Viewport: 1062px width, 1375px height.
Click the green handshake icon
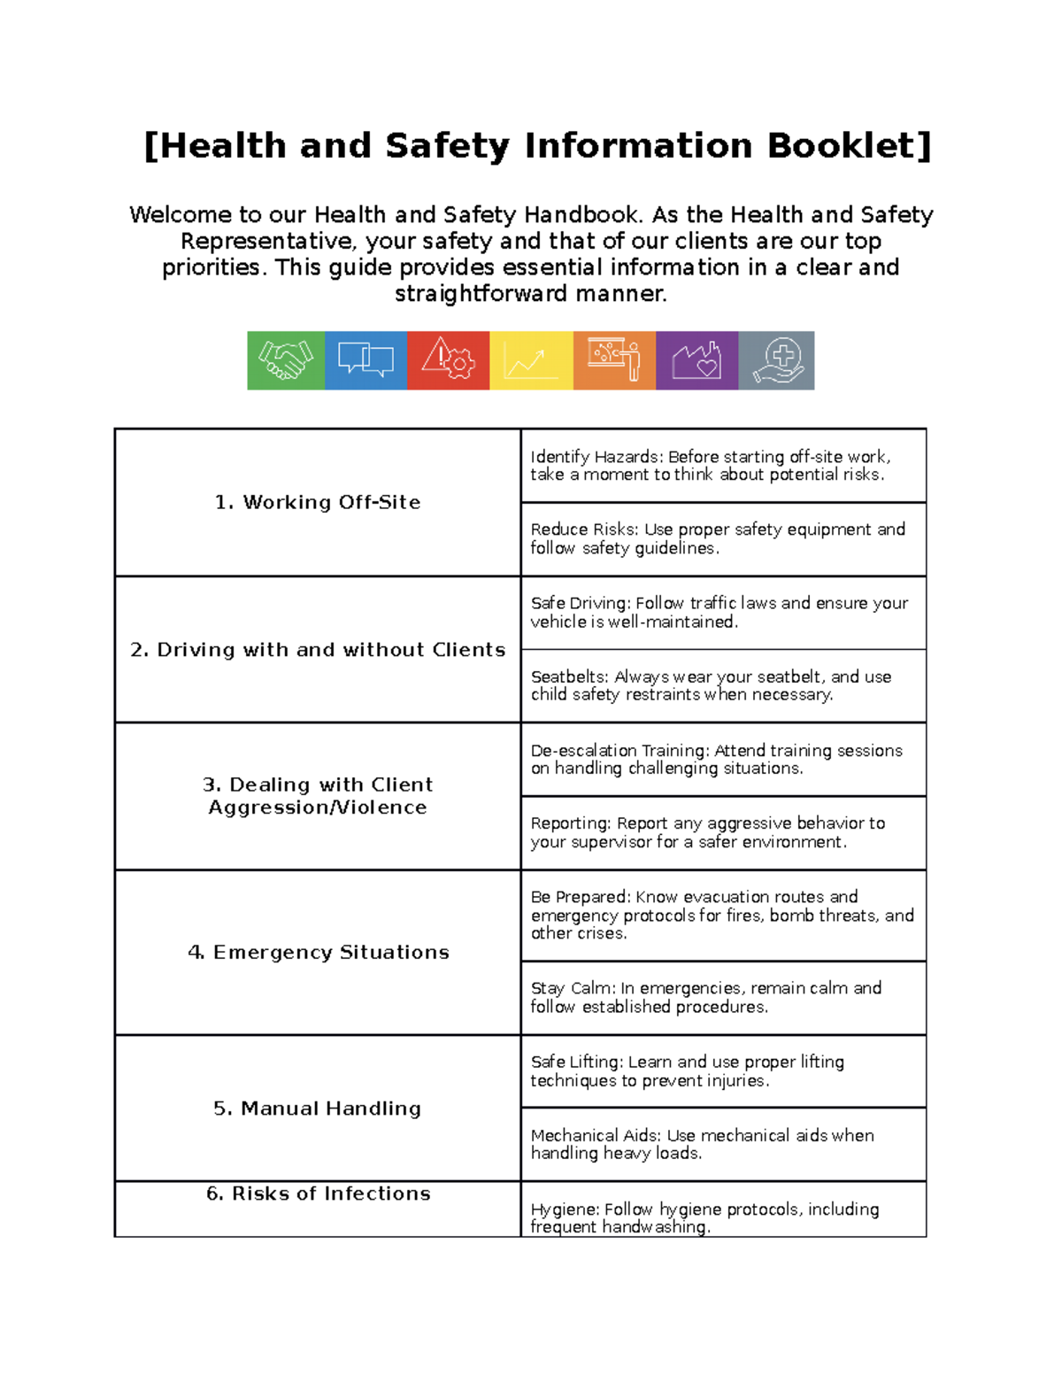click(286, 360)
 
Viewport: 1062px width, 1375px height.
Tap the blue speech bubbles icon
click(366, 360)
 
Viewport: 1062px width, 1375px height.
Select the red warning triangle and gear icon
click(448, 360)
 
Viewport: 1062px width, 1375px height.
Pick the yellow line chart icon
click(531, 360)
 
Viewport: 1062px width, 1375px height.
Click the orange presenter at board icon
click(614, 360)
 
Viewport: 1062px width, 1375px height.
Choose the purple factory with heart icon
click(696, 360)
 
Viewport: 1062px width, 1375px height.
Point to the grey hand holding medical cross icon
click(776, 360)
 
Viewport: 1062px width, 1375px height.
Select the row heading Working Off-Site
click(318, 502)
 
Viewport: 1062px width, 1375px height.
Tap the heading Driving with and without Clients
click(318, 650)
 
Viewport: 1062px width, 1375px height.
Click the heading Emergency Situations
click(318, 952)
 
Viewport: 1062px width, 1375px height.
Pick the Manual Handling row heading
click(318, 1108)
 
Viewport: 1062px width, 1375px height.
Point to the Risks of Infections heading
click(318, 1193)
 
